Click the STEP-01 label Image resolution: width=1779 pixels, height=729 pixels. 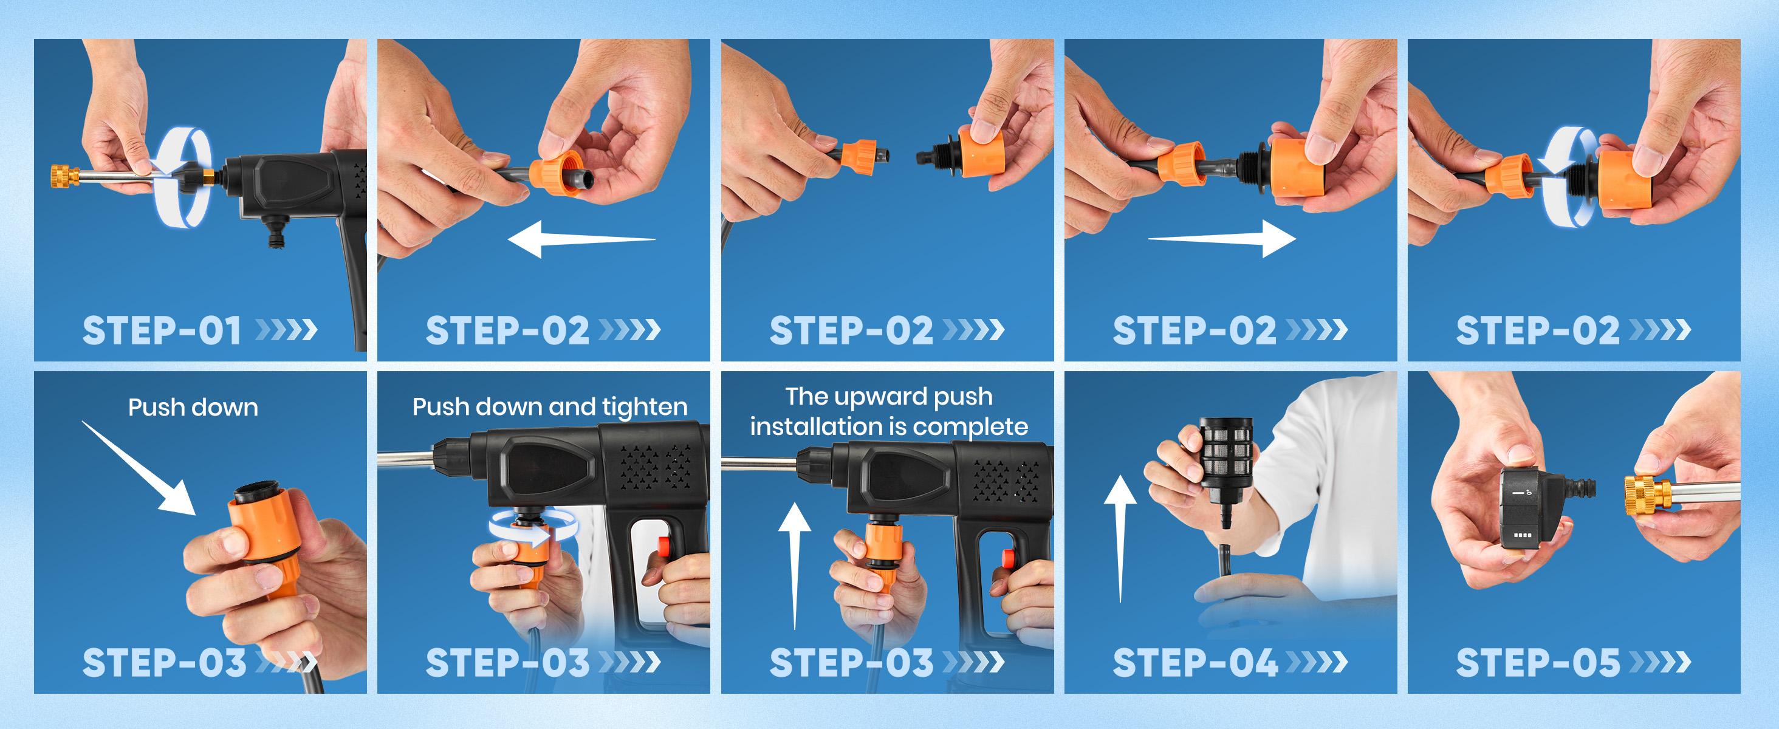(x=162, y=330)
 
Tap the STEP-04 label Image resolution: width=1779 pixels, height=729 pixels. (x=1195, y=663)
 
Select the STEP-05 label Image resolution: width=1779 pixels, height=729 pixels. (x=1538, y=663)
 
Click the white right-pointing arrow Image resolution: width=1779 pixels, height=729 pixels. (x=1222, y=239)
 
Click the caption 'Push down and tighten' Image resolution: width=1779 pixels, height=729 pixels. (x=550, y=406)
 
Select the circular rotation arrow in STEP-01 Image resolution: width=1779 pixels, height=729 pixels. (x=182, y=177)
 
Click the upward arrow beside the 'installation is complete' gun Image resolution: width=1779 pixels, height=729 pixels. (x=795, y=566)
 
